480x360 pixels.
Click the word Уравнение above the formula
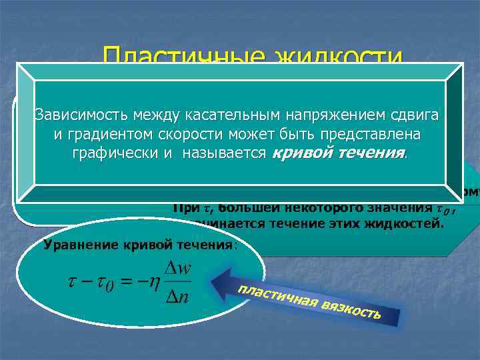tap(81, 244)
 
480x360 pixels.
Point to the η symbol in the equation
tap(154, 283)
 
